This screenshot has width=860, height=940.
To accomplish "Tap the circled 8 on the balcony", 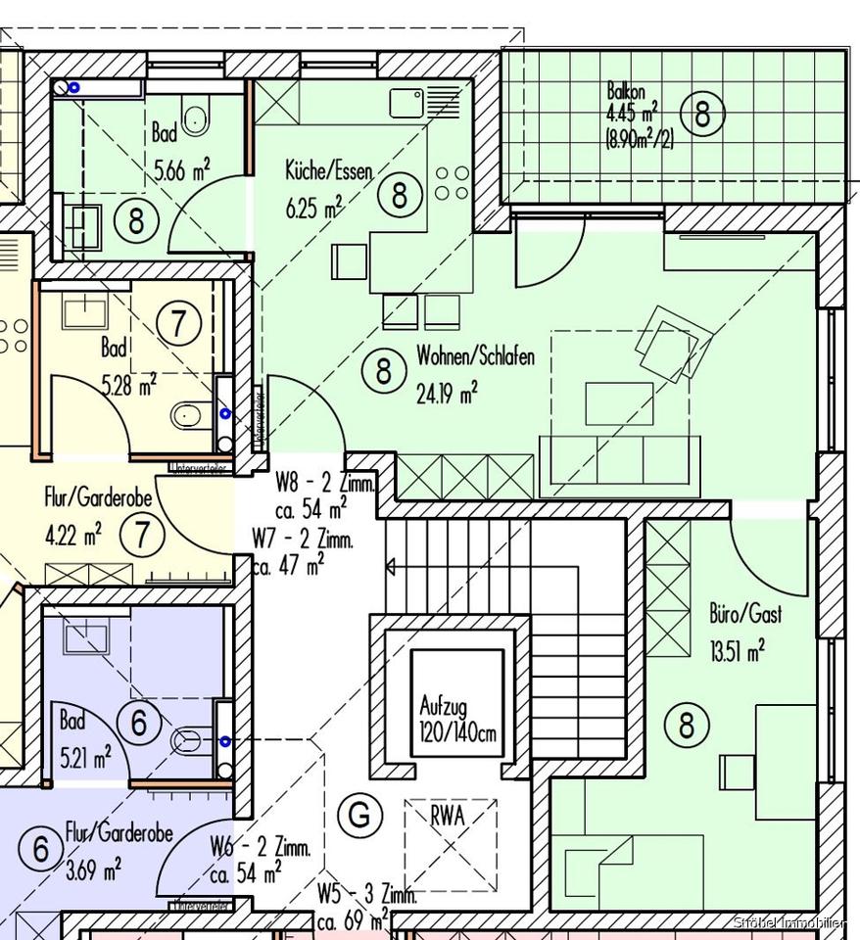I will (x=702, y=115).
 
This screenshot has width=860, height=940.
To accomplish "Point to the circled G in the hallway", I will (x=359, y=815).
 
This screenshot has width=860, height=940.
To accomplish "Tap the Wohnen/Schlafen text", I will (x=475, y=356).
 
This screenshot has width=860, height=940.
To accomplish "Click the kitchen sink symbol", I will (x=406, y=102).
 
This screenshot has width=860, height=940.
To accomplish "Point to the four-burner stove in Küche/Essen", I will (x=452, y=183).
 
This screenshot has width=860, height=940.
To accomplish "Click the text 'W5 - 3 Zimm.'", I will (x=367, y=894).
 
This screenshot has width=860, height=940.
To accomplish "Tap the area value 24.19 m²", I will (x=447, y=393).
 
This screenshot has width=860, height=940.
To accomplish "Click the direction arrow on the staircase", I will (x=391, y=566).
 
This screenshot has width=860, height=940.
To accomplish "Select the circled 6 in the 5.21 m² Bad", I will (x=138, y=724).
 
